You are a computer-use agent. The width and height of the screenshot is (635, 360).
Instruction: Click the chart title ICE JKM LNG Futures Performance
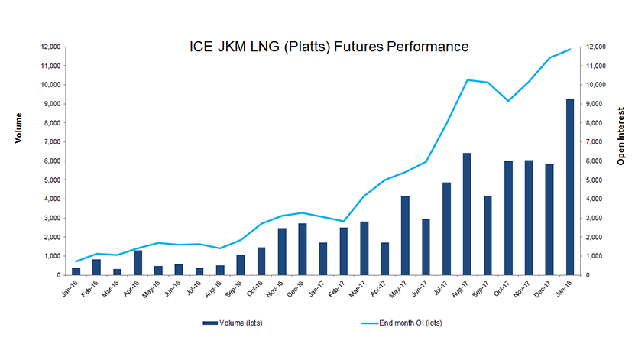click(329, 47)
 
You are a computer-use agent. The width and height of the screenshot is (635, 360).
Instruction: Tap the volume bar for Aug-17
click(467, 214)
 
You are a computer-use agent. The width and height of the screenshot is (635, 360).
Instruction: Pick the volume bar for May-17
click(405, 235)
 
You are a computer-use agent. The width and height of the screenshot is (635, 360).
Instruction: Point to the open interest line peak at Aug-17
click(467, 79)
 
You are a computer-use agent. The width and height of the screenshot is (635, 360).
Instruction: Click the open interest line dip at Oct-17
click(508, 101)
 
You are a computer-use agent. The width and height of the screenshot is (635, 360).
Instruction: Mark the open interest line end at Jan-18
click(570, 49)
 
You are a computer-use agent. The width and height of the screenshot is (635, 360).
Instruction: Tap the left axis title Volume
click(18, 128)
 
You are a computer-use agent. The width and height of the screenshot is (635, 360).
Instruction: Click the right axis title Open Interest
click(620, 135)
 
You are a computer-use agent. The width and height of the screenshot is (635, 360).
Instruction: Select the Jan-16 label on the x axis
click(73, 289)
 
